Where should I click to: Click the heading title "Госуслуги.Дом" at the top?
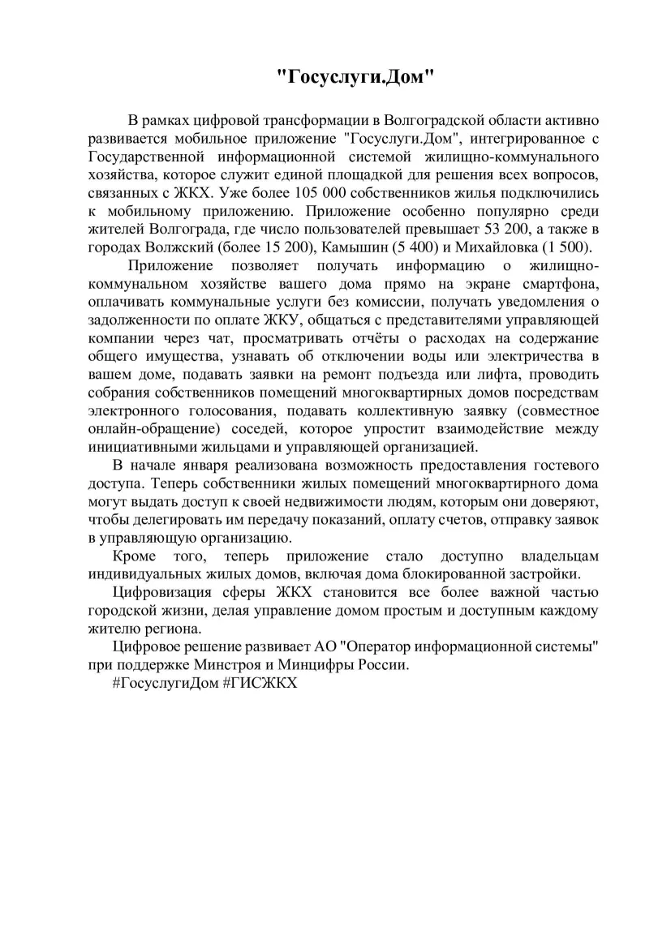(x=356, y=78)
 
